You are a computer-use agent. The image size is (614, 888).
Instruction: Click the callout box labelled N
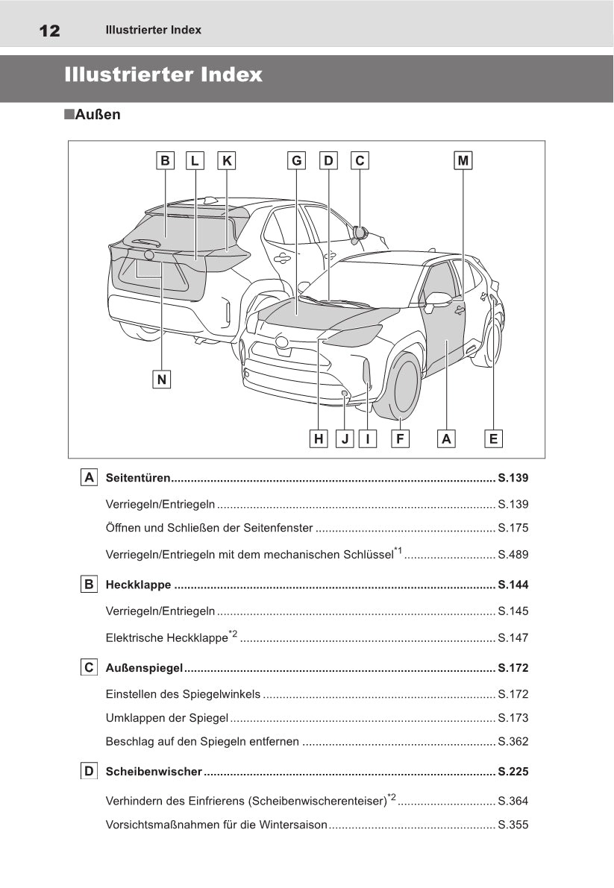click(x=162, y=380)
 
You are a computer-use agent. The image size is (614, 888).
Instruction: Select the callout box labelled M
click(x=463, y=160)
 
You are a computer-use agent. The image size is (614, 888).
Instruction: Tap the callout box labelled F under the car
click(x=400, y=439)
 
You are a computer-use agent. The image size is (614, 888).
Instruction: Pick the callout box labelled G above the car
click(x=297, y=160)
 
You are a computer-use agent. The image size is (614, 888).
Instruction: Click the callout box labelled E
click(x=492, y=439)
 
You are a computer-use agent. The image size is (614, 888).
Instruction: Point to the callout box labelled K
click(x=227, y=160)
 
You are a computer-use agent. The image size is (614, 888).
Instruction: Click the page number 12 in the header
click(x=49, y=31)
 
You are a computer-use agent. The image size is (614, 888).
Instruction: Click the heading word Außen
click(x=98, y=115)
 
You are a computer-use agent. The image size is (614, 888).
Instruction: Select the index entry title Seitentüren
click(x=139, y=478)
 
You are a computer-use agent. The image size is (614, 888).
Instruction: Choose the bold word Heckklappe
click(x=139, y=585)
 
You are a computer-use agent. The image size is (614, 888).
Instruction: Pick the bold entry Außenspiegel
click(x=145, y=667)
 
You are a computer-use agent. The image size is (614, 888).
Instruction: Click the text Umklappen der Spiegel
click(x=167, y=718)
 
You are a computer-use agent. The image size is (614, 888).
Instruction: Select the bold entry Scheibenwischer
click(x=154, y=771)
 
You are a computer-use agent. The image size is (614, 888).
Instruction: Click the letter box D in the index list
click(x=89, y=771)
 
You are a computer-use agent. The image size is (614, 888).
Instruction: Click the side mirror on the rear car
click(x=360, y=233)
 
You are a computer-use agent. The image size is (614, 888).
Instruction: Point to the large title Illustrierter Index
click(x=163, y=75)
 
